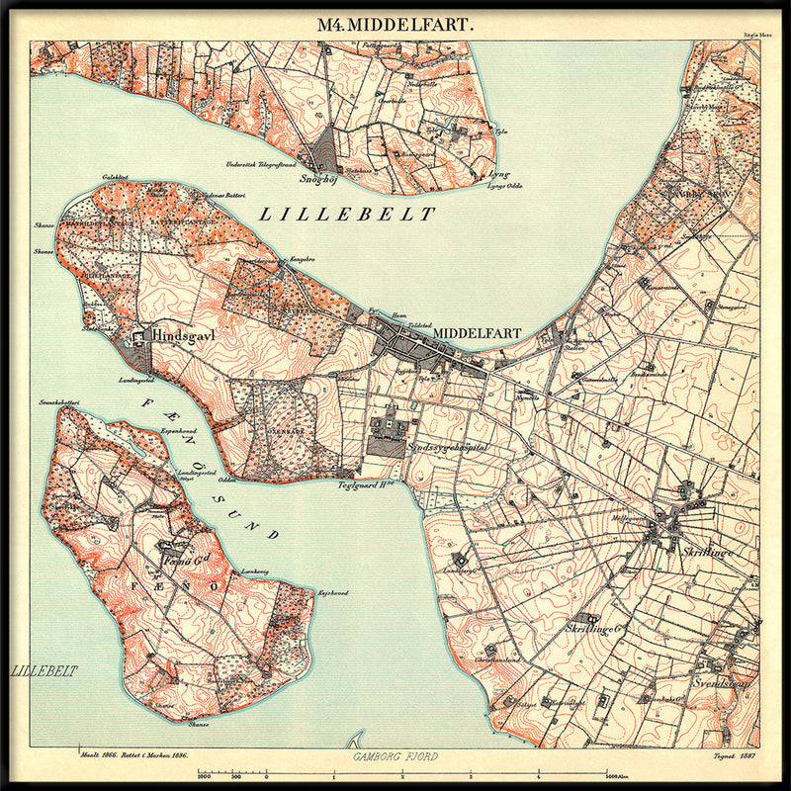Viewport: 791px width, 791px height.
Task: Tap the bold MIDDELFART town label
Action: [474, 333]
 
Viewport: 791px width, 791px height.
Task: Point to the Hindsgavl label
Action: [185, 335]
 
